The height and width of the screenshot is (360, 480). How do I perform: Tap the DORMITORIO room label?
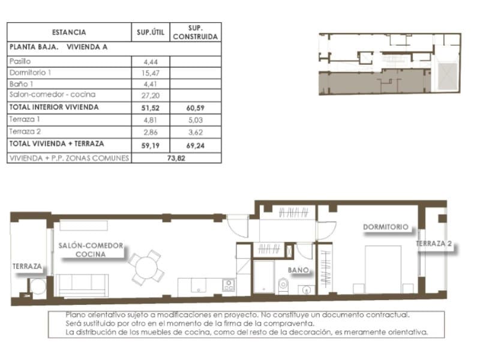(386, 227)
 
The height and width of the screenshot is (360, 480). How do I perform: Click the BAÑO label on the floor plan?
(298, 271)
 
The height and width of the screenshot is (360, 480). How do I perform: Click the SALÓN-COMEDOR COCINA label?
(91, 250)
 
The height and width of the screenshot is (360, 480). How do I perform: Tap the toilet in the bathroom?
(282, 284)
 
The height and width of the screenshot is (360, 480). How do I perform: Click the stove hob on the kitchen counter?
(228, 285)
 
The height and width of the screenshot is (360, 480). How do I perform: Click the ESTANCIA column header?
(68, 32)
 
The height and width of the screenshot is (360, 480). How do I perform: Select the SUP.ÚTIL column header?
(150, 32)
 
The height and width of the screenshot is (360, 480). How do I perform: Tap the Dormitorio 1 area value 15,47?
(150, 73)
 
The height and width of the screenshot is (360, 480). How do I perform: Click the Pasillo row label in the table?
(20, 61)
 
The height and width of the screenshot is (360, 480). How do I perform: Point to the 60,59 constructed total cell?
(196, 107)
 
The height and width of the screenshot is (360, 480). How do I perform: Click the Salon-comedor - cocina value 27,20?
(150, 95)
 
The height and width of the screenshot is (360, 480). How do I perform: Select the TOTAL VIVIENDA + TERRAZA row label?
(57, 144)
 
